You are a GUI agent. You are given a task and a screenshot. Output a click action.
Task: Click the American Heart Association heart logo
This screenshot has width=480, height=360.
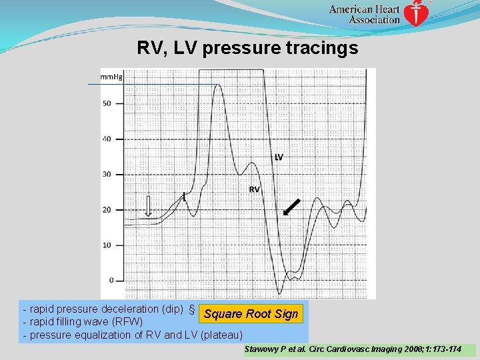pyautogui.click(x=417, y=13)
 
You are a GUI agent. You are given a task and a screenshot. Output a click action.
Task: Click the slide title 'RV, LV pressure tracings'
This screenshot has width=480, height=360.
pyautogui.click(x=247, y=48)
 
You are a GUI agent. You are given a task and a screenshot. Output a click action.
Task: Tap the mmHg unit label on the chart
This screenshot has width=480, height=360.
pyautogui.click(x=111, y=77)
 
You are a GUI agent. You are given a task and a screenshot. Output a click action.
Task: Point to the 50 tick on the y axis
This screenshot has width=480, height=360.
pyautogui.click(x=107, y=103)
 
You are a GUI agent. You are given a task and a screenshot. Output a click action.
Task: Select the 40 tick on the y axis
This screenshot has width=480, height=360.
pyautogui.click(x=107, y=139)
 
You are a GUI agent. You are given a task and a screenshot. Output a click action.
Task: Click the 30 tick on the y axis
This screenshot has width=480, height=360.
pyautogui.click(x=107, y=174)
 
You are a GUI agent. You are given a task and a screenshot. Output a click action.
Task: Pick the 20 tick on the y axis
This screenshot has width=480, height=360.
pyautogui.click(x=107, y=209)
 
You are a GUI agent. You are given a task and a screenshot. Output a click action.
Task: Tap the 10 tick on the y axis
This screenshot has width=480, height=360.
pyautogui.click(x=107, y=245)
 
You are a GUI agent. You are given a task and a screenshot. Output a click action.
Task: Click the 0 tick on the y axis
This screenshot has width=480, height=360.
pyautogui.click(x=110, y=280)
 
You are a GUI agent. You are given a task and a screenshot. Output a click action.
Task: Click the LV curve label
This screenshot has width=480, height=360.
pyautogui.click(x=279, y=157)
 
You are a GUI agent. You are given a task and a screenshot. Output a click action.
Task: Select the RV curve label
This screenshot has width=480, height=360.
pyautogui.click(x=254, y=189)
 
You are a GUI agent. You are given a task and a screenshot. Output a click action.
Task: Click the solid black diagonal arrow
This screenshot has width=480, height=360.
pyautogui.click(x=291, y=207)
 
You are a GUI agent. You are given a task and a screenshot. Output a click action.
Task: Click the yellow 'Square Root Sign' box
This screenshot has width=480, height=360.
pyautogui.click(x=251, y=314)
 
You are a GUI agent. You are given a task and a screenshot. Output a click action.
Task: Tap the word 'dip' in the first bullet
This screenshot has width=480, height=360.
pyautogui.click(x=171, y=309)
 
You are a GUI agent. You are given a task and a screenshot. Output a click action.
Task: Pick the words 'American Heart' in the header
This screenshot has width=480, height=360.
pyautogui.click(x=365, y=9)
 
